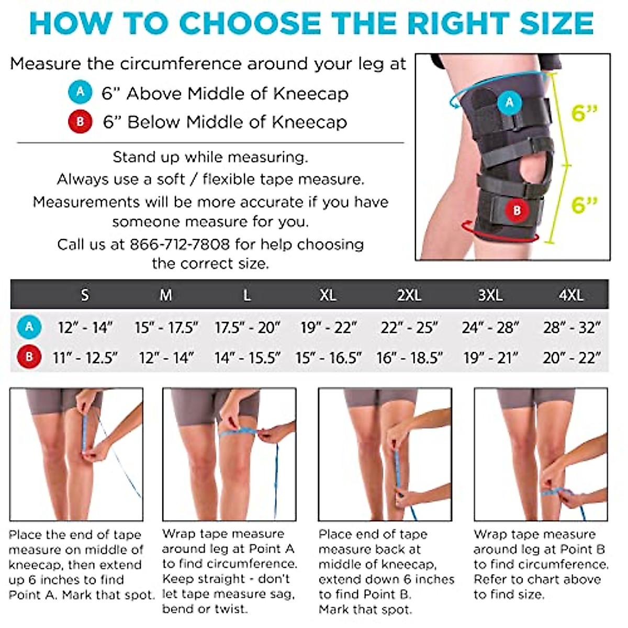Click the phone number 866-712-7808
click(x=180, y=244)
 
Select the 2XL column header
click(x=409, y=295)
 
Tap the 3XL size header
click(x=490, y=295)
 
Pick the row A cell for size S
click(x=85, y=328)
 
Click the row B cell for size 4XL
click(x=571, y=358)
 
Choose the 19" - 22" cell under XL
click(x=328, y=328)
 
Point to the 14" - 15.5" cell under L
click(x=247, y=358)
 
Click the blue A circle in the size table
click(x=29, y=327)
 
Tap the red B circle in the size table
click(x=29, y=357)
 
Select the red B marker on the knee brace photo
click(x=517, y=210)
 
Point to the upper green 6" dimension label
click(x=584, y=113)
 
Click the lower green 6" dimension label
click(x=584, y=204)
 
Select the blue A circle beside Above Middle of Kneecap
click(x=80, y=93)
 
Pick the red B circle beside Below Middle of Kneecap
click(x=80, y=121)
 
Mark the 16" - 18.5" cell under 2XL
click(x=409, y=358)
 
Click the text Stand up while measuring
click(x=210, y=157)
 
